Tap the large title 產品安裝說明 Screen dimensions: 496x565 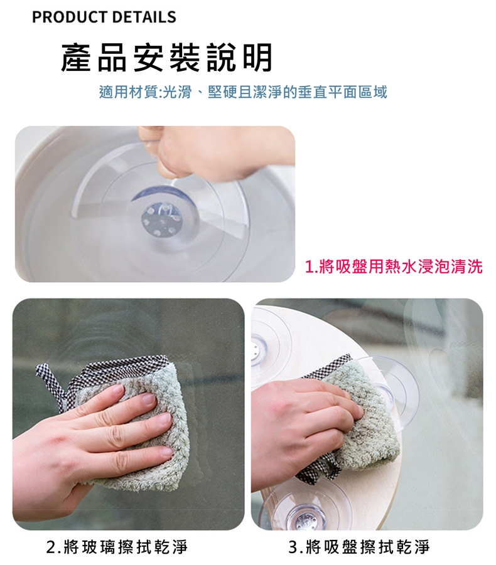(166, 57)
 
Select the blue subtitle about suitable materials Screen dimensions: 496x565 (243, 93)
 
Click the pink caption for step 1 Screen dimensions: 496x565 (394, 267)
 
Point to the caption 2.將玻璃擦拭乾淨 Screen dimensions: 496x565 (117, 547)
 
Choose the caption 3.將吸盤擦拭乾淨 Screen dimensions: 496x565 (360, 547)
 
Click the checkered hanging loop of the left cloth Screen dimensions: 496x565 (50, 380)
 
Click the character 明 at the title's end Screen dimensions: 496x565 (258, 57)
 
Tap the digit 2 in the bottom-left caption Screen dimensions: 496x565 (51, 547)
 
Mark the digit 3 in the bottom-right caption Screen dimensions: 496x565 (293, 547)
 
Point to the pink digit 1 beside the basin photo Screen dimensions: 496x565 (309, 267)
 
